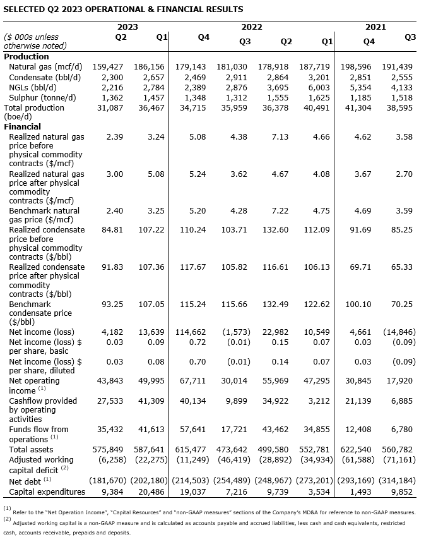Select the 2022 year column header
(x=252, y=27)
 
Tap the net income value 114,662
(x=191, y=332)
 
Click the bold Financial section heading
(x=23, y=126)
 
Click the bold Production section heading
(x=27, y=57)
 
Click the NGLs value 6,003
(x=320, y=87)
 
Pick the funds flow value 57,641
(x=193, y=430)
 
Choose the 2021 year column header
(x=375, y=27)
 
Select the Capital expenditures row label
(x=47, y=492)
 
